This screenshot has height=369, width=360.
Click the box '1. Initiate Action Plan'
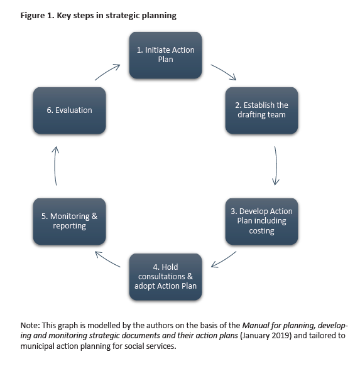coord(165,55)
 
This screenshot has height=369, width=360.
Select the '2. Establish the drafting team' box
coord(261,110)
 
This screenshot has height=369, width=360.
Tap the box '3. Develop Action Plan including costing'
coord(261,222)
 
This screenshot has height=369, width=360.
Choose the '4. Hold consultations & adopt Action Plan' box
coord(165,277)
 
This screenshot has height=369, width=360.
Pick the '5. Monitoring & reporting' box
coord(69,222)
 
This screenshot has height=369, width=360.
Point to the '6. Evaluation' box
coord(69,110)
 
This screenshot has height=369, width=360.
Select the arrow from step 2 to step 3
coord(276,166)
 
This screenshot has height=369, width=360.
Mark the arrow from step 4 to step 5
coord(107,259)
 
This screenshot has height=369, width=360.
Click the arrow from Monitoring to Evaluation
coord(55,166)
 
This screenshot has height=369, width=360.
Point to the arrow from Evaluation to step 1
coord(107,72)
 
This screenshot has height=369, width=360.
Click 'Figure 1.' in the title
coord(38,16)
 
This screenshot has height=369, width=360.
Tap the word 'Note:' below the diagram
coord(30,326)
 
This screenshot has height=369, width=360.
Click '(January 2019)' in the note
coord(266,336)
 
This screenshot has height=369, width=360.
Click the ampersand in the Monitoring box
coord(94,217)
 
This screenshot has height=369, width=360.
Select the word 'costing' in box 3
coord(261,231)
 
